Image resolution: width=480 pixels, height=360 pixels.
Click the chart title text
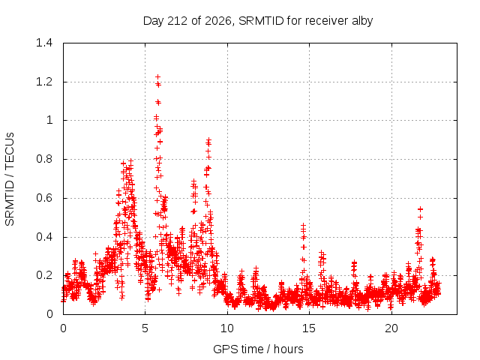tap(258, 21)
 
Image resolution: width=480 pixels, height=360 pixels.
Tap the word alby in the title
tap(362, 21)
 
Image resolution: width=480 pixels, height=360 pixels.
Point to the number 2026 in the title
tap(218, 21)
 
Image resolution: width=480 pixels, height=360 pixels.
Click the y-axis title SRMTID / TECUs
tap(10, 179)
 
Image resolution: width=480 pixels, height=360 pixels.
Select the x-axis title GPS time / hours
tap(258, 349)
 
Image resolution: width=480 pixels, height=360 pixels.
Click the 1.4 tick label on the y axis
tap(44, 43)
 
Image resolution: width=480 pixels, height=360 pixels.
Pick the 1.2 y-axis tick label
tap(44, 82)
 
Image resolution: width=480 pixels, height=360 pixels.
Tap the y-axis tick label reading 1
tap(49, 120)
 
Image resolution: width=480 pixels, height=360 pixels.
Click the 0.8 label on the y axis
tap(44, 159)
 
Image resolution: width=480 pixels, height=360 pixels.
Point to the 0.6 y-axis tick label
tap(44, 198)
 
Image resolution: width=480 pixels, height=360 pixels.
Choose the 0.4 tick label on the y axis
tap(44, 237)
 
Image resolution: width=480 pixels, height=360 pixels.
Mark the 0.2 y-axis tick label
tap(44, 275)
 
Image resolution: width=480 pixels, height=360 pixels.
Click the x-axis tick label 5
tap(145, 328)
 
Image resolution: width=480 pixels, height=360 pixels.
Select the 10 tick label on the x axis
tap(227, 328)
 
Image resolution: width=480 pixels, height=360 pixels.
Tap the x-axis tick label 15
tap(309, 328)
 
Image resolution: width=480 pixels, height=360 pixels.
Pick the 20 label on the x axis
tap(391, 328)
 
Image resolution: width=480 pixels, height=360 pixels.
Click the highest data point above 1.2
tap(158, 76)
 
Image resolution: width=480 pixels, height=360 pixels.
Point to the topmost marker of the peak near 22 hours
tap(420, 209)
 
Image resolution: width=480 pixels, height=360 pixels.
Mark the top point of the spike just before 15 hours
tap(303, 225)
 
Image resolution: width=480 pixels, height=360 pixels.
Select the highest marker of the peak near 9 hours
tap(208, 139)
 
